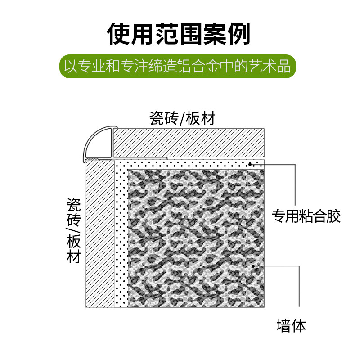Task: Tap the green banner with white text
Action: coord(179,67)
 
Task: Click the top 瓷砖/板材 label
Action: coord(183,118)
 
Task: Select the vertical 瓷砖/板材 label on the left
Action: coord(73,230)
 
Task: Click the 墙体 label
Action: coord(291,325)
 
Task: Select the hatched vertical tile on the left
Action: coord(100,234)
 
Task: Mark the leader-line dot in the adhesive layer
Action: coord(250,164)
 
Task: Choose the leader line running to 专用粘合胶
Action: coord(295,184)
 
